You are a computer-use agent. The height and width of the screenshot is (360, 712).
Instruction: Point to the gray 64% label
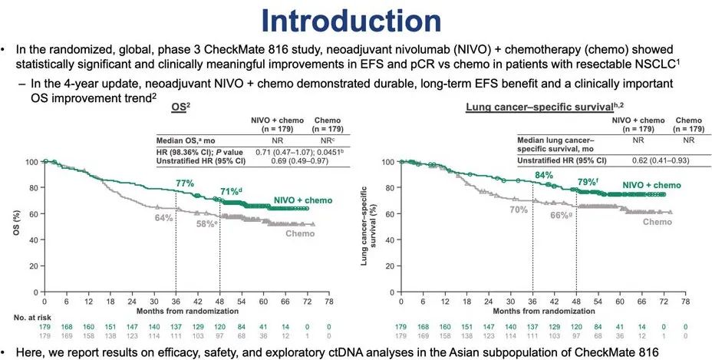[163, 218]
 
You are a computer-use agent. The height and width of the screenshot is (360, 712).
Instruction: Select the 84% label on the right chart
[543, 176]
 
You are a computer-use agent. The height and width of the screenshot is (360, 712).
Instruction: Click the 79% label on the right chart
[586, 183]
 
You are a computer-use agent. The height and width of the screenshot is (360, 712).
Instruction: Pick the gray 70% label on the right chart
[519, 209]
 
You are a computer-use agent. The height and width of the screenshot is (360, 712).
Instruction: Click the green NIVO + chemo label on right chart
[651, 185]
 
